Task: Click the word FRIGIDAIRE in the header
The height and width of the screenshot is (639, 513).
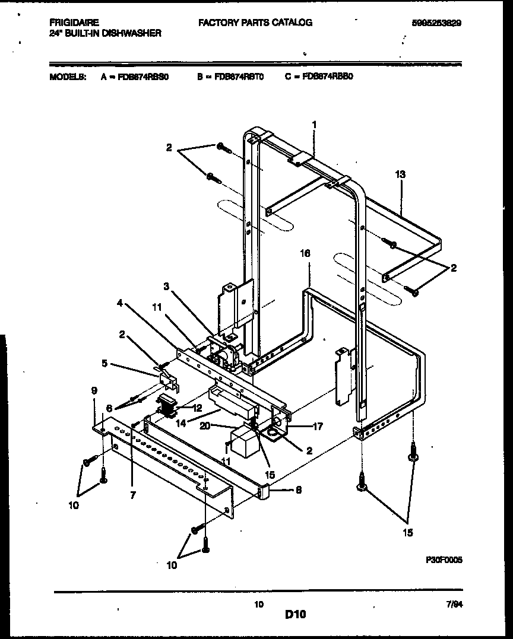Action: (74, 23)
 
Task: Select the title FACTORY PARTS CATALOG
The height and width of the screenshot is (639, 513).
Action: (255, 23)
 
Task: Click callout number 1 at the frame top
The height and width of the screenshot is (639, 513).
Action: (314, 125)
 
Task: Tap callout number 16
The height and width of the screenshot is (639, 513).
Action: (305, 253)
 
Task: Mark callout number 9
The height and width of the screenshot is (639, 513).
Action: (94, 391)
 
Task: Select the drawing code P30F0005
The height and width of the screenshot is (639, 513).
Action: (444, 559)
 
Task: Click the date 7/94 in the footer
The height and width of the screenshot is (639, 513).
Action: (454, 604)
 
